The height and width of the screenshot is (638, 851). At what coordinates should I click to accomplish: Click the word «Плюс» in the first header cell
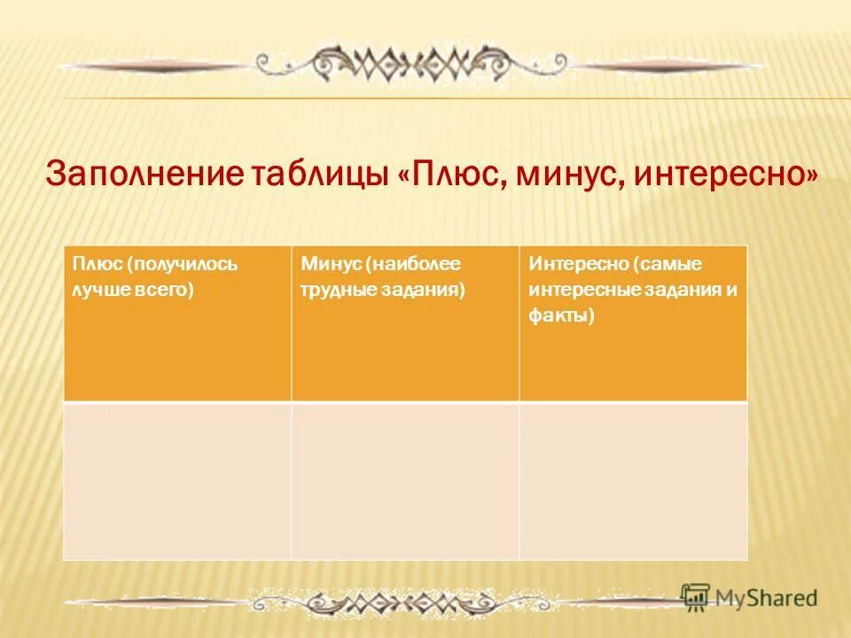(96, 264)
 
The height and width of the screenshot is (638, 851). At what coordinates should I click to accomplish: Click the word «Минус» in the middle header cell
(331, 264)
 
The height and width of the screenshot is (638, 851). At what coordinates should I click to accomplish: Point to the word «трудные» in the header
(337, 290)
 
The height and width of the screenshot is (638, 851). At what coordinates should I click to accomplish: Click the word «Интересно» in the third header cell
(577, 264)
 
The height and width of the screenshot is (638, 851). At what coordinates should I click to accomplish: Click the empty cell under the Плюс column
(177, 480)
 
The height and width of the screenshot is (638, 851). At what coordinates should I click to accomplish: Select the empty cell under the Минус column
(405, 480)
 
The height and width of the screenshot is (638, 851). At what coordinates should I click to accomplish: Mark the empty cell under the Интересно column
(633, 480)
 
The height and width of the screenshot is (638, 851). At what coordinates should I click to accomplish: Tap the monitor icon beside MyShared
(696, 596)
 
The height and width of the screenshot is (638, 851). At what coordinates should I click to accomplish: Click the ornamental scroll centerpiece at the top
(417, 63)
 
